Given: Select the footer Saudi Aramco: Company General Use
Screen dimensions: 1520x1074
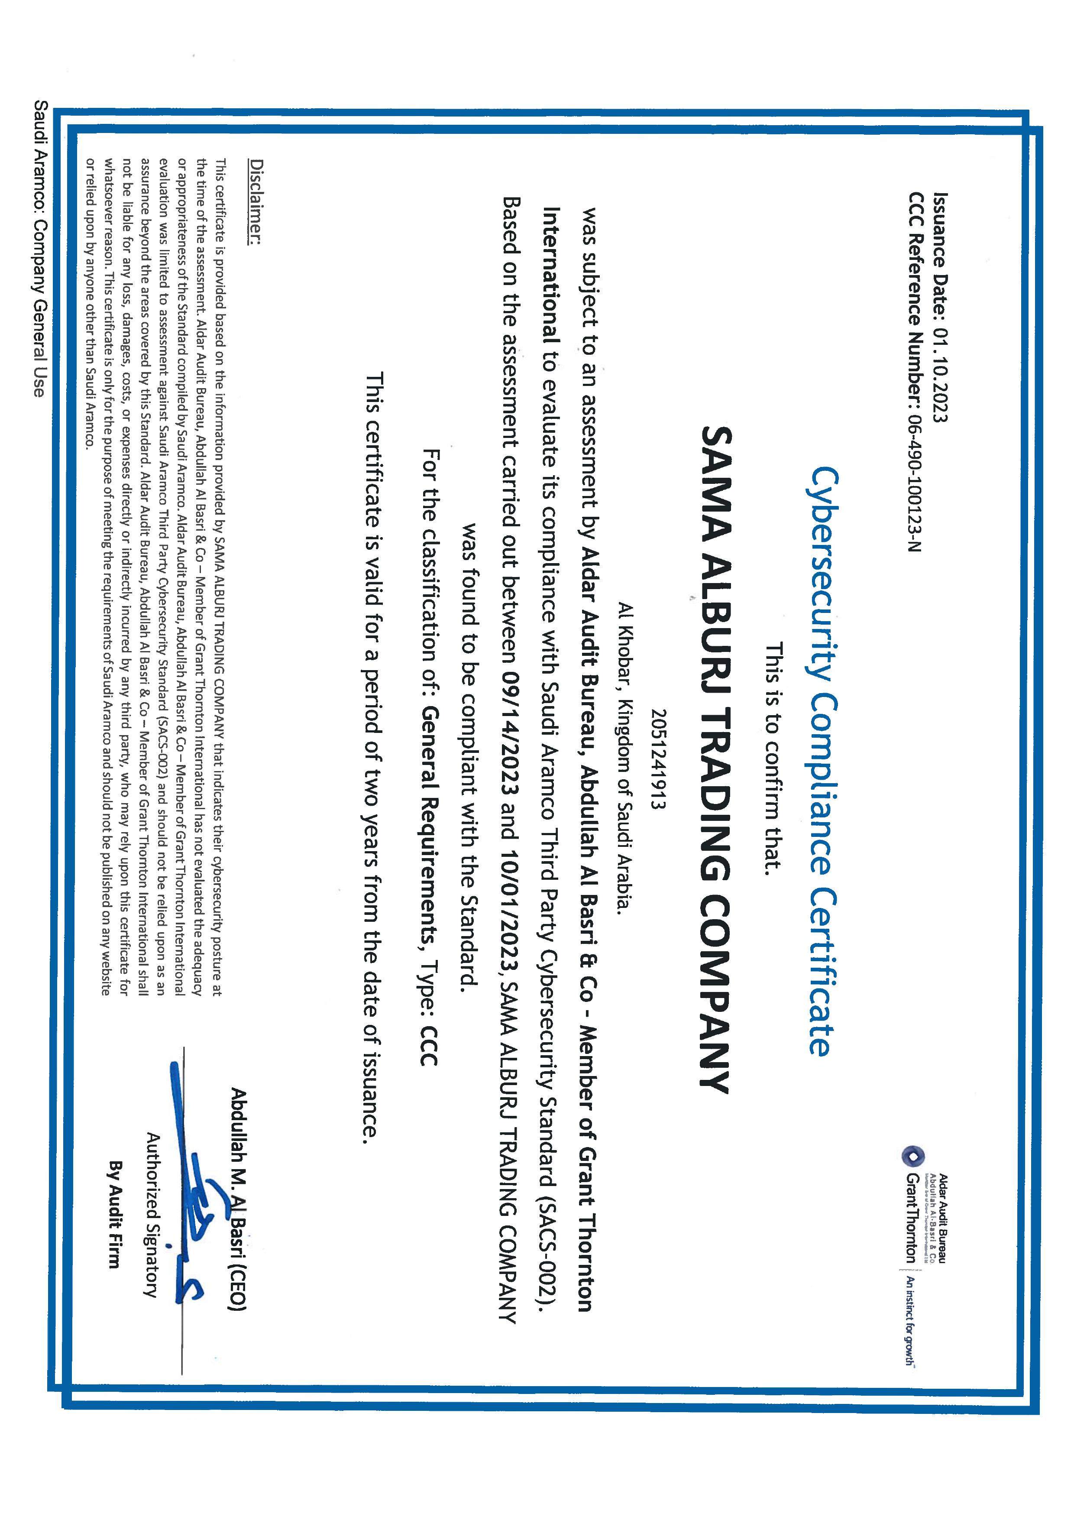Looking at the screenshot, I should tap(40, 248).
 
